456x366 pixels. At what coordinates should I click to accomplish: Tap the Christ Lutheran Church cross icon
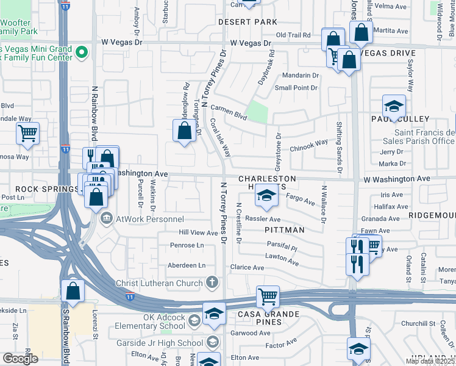[212, 282]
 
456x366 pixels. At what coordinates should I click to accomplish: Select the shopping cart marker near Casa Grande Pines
[268, 296]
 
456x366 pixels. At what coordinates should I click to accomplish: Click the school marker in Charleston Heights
[266, 195]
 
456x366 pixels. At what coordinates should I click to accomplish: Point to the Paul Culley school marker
[394, 107]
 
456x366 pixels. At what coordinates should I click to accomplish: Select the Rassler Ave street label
[263, 219]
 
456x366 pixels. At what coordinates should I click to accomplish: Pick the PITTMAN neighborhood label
[285, 230]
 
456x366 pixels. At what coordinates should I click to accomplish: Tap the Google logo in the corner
[20, 359]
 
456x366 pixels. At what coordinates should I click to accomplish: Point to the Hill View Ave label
[198, 233]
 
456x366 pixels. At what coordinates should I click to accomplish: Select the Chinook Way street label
[308, 145]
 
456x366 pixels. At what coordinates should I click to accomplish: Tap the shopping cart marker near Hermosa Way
[28, 132]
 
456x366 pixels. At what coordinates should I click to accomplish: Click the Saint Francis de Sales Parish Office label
[425, 137]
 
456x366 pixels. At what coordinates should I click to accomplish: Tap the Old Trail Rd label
[296, 35]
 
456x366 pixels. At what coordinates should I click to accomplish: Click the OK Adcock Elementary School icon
[194, 321]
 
